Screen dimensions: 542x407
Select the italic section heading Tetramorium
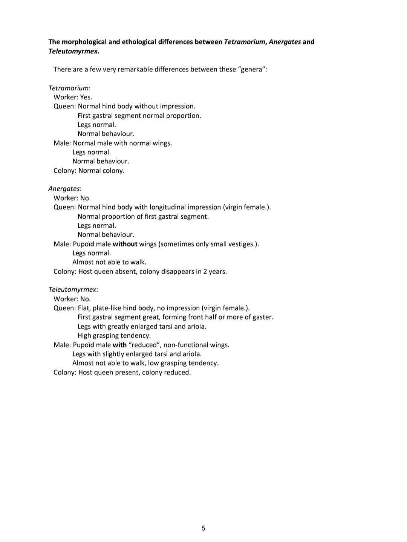[x=69, y=88]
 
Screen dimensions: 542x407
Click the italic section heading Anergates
[x=64, y=189]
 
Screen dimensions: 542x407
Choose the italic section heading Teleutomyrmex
[x=72, y=289]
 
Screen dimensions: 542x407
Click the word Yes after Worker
[x=86, y=97]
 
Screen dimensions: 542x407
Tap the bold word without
[x=125, y=244]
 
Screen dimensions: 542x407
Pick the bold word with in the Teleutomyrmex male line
[x=119, y=345]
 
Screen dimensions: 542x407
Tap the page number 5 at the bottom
[x=203, y=528]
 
